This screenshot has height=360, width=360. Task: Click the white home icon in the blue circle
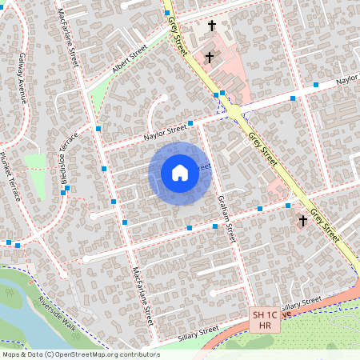179,173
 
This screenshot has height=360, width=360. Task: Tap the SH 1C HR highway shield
265,320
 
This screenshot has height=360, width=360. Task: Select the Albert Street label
130,61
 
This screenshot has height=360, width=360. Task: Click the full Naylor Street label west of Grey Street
165,131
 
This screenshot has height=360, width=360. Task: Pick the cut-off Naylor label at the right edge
347,81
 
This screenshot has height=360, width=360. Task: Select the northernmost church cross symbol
212,26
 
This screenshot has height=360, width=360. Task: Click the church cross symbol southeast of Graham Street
303,219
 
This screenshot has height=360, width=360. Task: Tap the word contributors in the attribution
142,354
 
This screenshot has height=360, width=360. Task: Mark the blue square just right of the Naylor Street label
191,125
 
